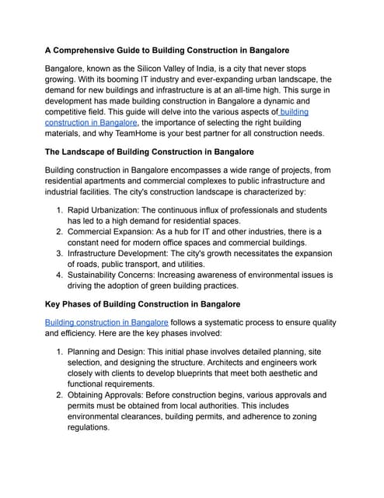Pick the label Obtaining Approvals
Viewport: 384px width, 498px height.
click(x=114, y=395)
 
